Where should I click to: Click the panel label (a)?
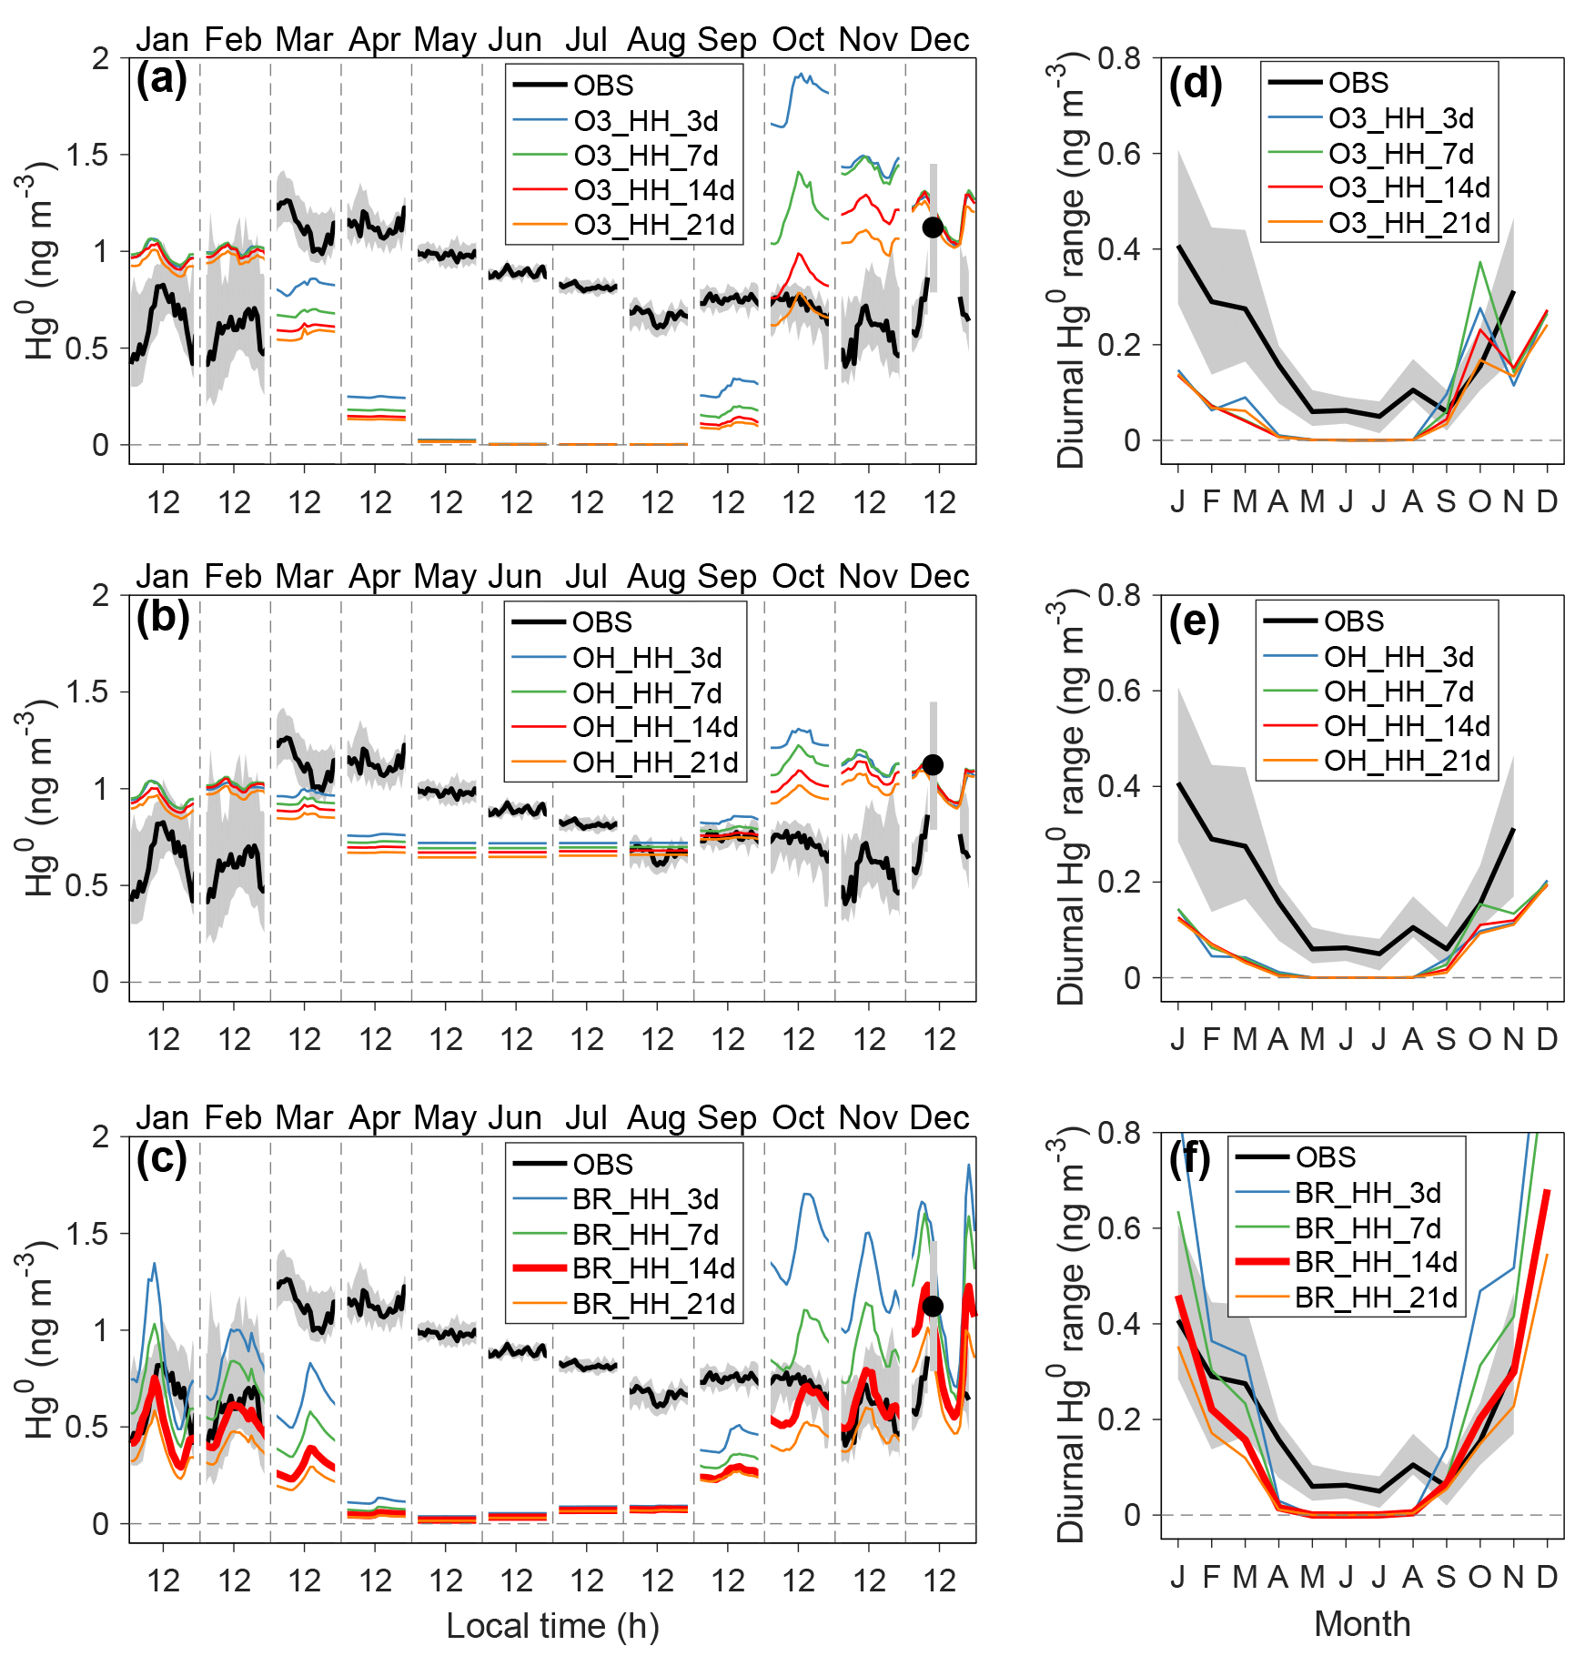[161, 80]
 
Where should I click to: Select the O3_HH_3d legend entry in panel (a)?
[645, 121]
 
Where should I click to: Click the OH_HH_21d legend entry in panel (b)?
[654, 762]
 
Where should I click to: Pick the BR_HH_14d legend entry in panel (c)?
[653, 1268]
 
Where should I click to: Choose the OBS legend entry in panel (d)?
[1358, 83]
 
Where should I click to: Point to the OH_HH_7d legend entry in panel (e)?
[1398, 692]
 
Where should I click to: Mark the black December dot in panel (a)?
[932, 227]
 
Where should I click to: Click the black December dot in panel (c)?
[932, 1307]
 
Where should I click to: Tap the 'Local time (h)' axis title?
[552, 1625]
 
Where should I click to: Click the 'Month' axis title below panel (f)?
[1362, 1623]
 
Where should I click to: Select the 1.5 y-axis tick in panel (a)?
[86, 155]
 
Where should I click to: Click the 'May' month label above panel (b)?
[445, 576]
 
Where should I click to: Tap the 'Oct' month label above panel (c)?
[798, 1117]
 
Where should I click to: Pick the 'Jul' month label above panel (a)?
[586, 39]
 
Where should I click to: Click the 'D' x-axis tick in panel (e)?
[1547, 1038]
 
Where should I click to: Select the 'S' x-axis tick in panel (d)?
[1446, 501]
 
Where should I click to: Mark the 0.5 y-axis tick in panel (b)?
[86, 885]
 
